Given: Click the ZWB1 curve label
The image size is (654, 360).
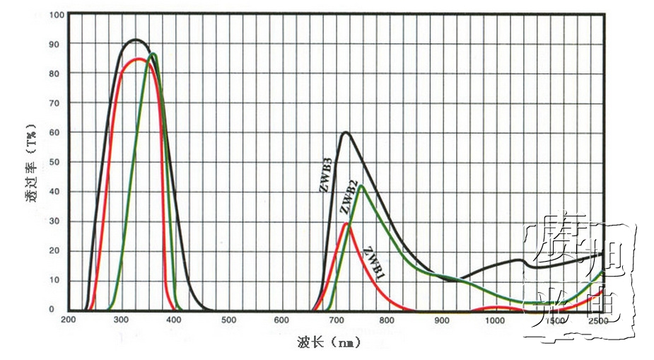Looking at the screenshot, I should click(373, 261).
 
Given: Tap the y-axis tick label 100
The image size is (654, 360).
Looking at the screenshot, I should click(56, 15).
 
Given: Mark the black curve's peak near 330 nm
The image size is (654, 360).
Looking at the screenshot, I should click(136, 40).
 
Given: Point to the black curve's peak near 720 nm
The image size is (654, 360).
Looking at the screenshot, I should click(345, 132).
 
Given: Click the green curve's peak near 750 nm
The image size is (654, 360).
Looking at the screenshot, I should click(361, 186).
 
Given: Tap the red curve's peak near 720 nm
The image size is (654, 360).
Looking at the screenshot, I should click(346, 223).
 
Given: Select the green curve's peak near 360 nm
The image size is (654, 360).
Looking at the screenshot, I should click(153, 54).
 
